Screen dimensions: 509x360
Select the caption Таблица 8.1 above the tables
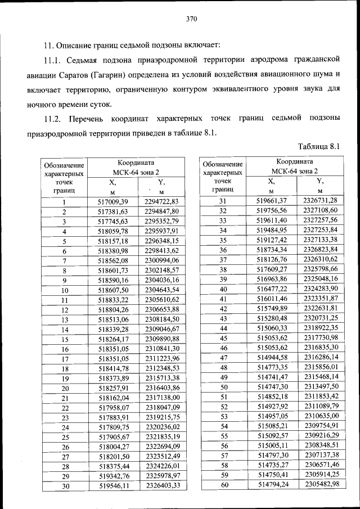(320, 148)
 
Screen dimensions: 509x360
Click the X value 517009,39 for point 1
(113, 202)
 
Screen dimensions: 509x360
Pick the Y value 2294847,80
(161, 211)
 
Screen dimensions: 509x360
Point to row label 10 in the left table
(65, 290)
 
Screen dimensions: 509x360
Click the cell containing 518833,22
(113, 300)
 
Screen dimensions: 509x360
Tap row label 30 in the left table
(65, 486)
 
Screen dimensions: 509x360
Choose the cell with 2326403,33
(161, 485)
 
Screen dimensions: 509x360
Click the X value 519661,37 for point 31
(272, 201)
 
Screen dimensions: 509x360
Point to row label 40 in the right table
(223, 289)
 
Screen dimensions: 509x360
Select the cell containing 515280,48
(272, 318)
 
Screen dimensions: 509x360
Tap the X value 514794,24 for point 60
(272, 485)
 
